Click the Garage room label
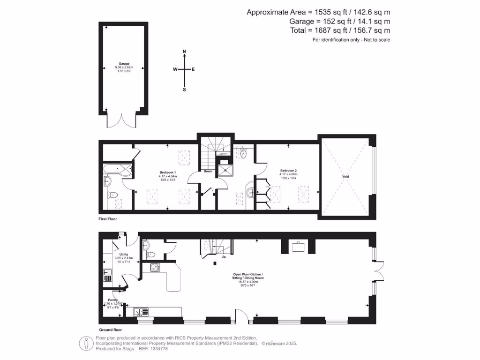coord(124,63)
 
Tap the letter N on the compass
coord(184,51)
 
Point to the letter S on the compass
coord(184,90)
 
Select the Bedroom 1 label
coord(167,172)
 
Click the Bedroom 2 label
coord(289,170)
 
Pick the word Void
coord(345,176)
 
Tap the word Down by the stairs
coord(208,171)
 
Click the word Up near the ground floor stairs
coord(224,257)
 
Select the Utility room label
coord(124,254)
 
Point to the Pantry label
coord(113,300)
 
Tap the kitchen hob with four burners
coord(156,268)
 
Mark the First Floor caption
coord(107,219)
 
